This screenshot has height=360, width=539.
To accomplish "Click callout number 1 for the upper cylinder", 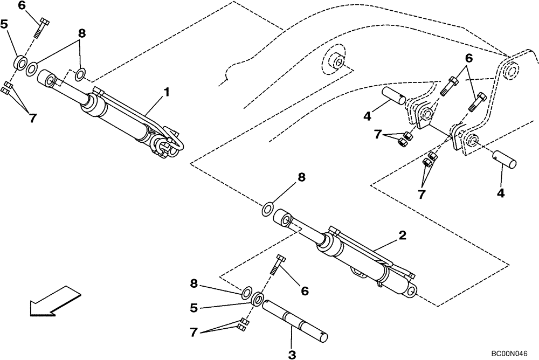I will click(167, 92).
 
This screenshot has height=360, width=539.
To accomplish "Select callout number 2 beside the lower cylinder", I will click(402, 236).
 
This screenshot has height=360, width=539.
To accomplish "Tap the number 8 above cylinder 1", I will click(81, 33).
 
